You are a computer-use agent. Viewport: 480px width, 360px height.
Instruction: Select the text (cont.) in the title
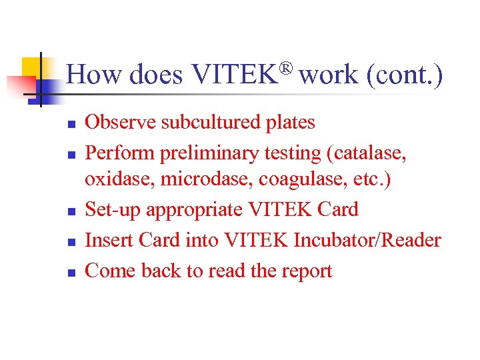pyautogui.click(x=404, y=75)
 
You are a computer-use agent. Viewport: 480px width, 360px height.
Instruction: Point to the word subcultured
pyautogui.click(x=210, y=123)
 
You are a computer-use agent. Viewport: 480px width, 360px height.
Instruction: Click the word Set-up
pyautogui.click(x=114, y=210)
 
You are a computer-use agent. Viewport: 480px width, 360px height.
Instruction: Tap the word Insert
pyautogui.click(x=108, y=240)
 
